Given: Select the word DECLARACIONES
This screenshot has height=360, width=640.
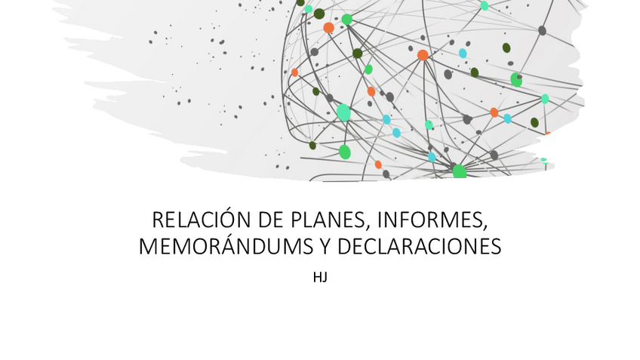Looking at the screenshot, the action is pyautogui.click(x=419, y=247).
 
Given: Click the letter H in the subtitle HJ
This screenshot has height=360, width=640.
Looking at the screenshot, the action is pyautogui.click(x=317, y=277).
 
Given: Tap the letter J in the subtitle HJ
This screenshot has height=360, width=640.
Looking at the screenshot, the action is pyautogui.click(x=325, y=277).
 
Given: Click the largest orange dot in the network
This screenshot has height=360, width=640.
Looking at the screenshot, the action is pyautogui.click(x=423, y=54).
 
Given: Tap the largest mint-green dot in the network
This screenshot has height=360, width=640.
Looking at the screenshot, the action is pyautogui.click(x=343, y=112).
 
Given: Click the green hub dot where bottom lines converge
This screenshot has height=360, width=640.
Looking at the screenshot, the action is pyautogui.click(x=459, y=171).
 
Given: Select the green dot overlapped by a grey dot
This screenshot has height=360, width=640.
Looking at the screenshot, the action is pyautogui.click(x=516, y=79).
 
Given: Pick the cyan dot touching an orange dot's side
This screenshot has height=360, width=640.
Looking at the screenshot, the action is pyautogui.click(x=507, y=118).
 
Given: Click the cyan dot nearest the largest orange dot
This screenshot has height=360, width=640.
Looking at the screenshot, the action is pyautogui.click(x=463, y=54).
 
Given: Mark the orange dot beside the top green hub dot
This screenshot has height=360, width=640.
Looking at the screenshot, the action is pyautogui.click(x=328, y=28).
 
